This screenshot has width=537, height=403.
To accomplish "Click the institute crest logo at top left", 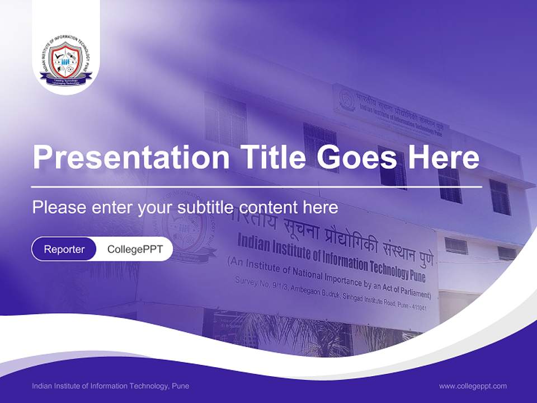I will click(65, 62).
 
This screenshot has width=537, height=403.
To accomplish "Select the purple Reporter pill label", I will click(64, 249).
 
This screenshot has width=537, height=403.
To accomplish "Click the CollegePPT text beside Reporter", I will click(135, 249).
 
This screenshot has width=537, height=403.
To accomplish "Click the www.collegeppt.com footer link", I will click(473, 386).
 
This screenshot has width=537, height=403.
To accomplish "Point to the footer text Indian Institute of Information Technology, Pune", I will click(110, 386).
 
